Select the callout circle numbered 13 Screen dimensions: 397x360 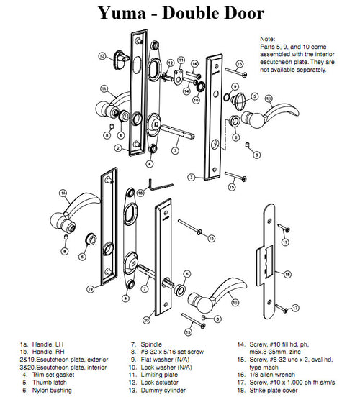pos(103,55)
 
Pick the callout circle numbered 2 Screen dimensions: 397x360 pos(117,148)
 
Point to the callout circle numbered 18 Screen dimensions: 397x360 pos(287,274)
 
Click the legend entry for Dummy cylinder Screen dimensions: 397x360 pos(159,393)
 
